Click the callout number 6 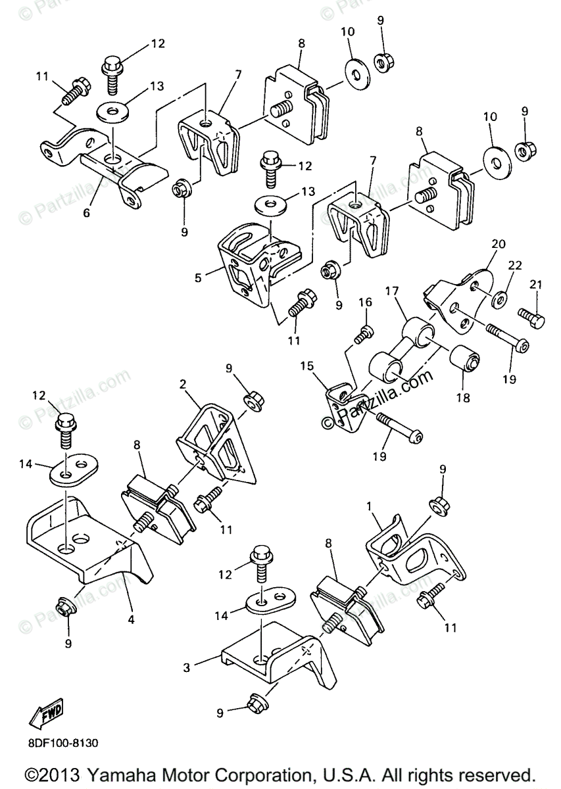[x=86, y=213]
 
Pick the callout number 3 [x=187, y=668]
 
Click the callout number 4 [x=132, y=619]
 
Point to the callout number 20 [x=498, y=243]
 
